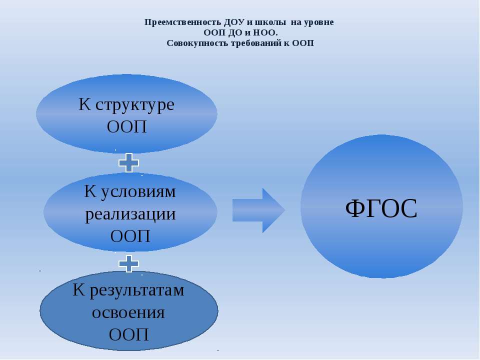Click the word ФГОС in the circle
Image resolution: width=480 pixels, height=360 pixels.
click(381, 208)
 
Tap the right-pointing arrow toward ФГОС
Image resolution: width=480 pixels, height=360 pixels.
click(258, 210)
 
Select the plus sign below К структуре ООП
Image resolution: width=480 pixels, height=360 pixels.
click(129, 162)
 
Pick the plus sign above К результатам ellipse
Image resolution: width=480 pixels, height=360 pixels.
click(129, 263)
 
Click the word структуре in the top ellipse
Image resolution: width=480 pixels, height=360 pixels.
click(135, 105)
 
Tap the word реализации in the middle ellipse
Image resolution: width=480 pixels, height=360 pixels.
click(130, 214)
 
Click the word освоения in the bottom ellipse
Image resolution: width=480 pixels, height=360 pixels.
click(128, 312)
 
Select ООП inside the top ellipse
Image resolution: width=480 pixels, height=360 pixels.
click(126, 126)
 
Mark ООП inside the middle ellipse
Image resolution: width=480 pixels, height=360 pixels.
click(130, 236)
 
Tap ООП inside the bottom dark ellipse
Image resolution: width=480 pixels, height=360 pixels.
click(129, 334)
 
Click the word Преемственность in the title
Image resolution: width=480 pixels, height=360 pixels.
click(183, 22)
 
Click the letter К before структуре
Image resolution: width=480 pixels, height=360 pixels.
click(85, 104)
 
